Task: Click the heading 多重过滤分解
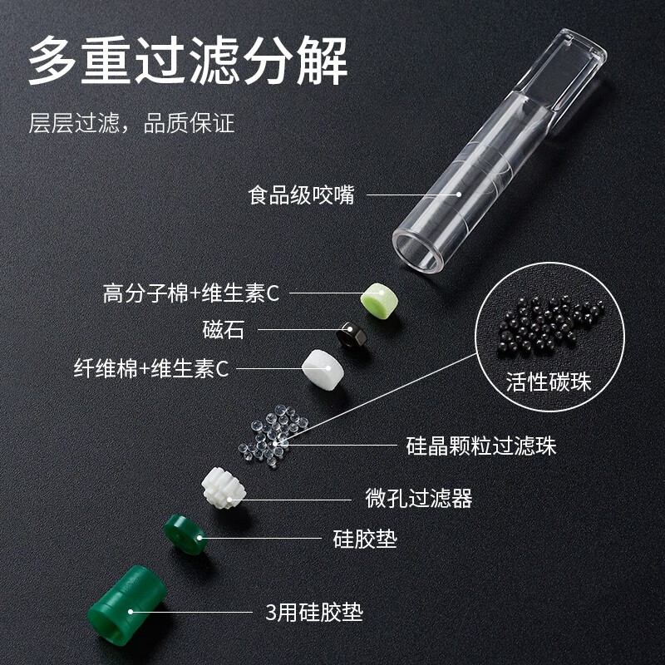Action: [188, 60]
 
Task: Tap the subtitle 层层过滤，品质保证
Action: [131, 124]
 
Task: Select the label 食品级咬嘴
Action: [301, 196]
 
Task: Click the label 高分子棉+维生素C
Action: [190, 293]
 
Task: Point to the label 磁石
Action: [224, 330]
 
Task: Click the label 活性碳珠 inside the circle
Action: [548, 382]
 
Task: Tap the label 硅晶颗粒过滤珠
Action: [480, 446]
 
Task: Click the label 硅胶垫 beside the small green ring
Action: [364, 539]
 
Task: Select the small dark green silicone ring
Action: [185, 534]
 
